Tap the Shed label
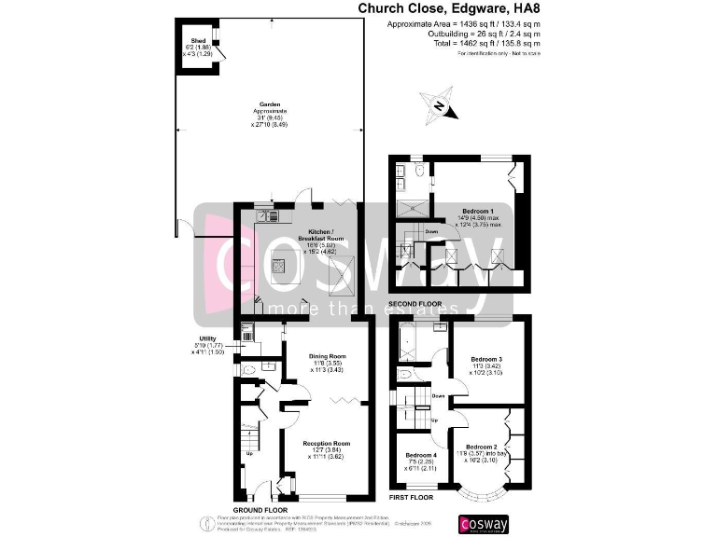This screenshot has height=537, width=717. coord(198,41)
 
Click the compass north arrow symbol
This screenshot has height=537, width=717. coord(439,105)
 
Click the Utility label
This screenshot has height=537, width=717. coord(208,338)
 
